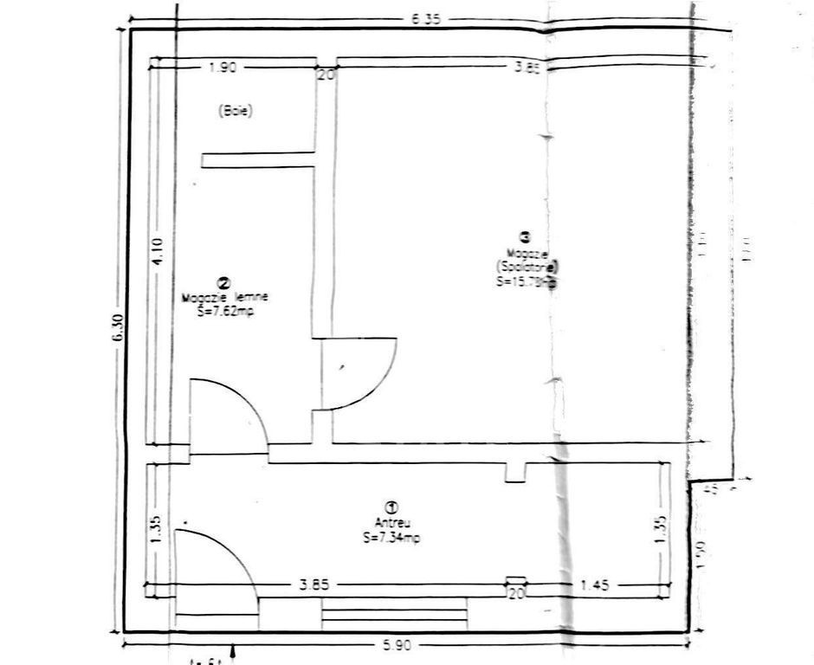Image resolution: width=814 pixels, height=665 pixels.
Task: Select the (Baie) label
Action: tap(236, 112)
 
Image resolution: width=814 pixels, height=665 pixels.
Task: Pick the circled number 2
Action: tap(224, 283)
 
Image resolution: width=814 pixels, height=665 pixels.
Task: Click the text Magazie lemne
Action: tap(225, 297)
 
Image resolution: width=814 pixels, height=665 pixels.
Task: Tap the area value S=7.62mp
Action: tap(224, 309)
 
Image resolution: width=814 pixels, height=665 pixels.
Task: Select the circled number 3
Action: tap(523, 236)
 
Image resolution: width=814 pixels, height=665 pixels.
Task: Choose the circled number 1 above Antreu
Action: tap(391, 507)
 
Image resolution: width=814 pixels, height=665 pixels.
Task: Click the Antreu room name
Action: tap(391, 523)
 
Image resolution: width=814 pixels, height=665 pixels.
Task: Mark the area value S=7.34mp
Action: tap(391, 538)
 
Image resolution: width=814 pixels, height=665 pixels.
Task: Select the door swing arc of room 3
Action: tap(377, 381)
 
